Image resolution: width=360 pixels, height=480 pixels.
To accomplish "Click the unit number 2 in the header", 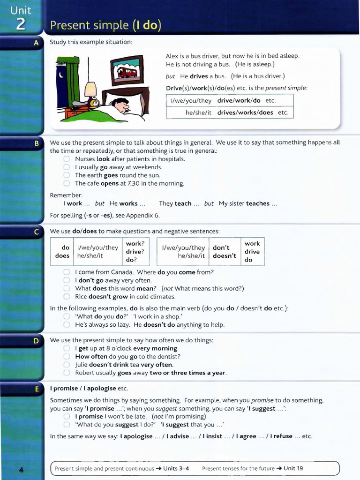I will click(21, 24).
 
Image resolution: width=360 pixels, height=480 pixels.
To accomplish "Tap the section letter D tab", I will click(36, 341).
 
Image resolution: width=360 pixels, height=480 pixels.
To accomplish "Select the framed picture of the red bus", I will click(127, 71).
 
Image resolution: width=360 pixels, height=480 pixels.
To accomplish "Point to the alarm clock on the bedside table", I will click(94, 103).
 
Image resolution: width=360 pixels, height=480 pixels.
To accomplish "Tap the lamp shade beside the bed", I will click(90, 88).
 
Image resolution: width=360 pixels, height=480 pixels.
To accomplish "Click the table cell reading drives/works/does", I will click(245, 112).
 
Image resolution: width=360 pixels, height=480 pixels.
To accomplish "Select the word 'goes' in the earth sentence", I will click(111, 175).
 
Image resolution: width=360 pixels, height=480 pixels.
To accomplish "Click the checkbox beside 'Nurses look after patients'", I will click(67, 159).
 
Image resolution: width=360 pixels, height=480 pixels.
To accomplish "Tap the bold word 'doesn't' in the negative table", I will click(224, 256).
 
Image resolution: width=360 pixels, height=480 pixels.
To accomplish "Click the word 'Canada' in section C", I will click(122, 272).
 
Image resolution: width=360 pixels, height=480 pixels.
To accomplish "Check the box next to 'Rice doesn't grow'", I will click(67, 297).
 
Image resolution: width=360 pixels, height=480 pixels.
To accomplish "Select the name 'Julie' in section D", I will click(81, 365).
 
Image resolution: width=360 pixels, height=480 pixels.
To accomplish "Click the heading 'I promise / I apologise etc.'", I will click(89, 389).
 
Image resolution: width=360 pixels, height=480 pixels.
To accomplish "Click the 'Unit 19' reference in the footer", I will click(293, 468).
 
